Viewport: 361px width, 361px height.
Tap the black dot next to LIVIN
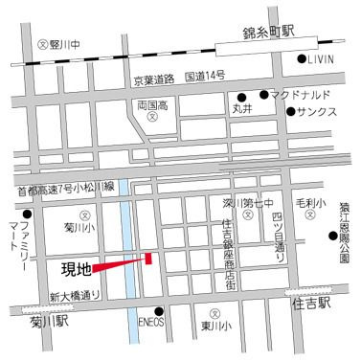pyautogui.click(x=302, y=61)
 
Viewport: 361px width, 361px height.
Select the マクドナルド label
pyautogui.click(x=305, y=95)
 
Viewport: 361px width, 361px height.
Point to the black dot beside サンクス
pyautogui.click(x=291, y=112)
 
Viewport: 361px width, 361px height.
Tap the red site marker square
pyautogui.click(x=149, y=256)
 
